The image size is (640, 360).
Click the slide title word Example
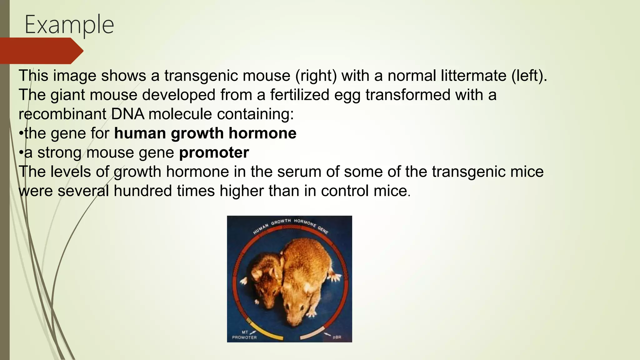pyautogui.click(x=69, y=25)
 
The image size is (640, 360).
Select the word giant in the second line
pyautogui.click(x=67, y=95)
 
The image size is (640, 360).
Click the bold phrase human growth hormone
pyautogui.click(x=205, y=133)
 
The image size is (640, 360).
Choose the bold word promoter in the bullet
pyautogui.click(x=214, y=152)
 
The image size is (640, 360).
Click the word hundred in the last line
pyautogui.click(x=142, y=191)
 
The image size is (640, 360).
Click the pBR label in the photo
pyautogui.click(x=337, y=337)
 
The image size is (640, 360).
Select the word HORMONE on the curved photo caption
pyautogui.click(x=305, y=223)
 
